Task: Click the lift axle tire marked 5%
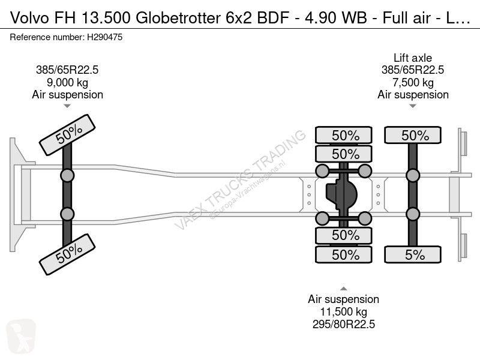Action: click(x=413, y=254)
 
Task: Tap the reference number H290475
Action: click(x=104, y=37)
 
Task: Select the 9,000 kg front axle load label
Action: click(x=67, y=82)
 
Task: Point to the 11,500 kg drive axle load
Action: click(x=343, y=311)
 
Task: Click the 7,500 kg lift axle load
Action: click(x=413, y=82)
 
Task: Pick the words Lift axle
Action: click(x=413, y=58)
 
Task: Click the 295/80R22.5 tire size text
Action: click(x=343, y=324)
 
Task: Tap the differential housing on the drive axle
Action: click(x=341, y=194)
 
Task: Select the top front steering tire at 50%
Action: click(x=67, y=134)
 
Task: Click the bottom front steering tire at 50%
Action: click(x=67, y=254)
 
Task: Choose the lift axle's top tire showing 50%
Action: click(x=413, y=135)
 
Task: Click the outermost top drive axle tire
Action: click(x=343, y=135)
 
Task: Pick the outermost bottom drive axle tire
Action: click(x=343, y=254)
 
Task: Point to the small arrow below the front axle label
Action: click(x=67, y=106)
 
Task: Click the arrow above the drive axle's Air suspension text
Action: click(x=343, y=289)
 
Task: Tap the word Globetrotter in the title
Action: click(x=178, y=18)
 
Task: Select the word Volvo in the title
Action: click(x=29, y=18)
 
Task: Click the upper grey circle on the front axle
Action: click(x=67, y=176)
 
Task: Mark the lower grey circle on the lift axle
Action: click(x=413, y=214)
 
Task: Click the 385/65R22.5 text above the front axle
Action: click(x=67, y=70)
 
